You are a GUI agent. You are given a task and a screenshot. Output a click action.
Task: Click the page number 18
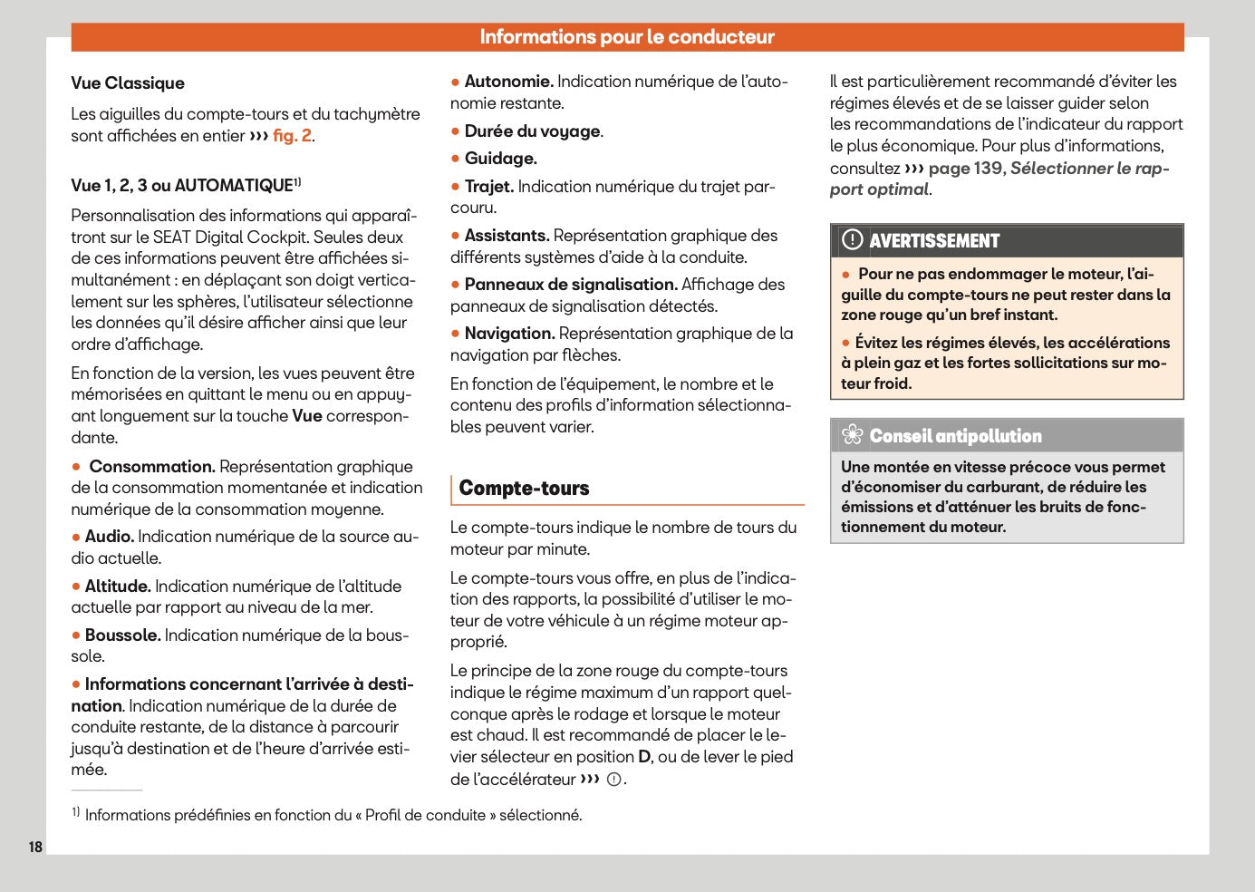(35, 847)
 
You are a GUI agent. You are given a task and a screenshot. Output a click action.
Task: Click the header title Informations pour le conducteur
(627, 37)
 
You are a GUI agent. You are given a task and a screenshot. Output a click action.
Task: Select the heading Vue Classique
(128, 83)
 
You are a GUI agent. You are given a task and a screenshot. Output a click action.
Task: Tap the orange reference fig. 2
(292, 136)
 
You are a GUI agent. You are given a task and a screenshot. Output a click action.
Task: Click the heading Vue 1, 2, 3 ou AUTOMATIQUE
(182, 186)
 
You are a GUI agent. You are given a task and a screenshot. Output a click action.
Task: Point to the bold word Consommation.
(151, 467)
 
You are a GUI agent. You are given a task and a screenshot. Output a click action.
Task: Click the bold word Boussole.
(122, 635)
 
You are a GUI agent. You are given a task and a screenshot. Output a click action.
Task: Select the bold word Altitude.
(117, 587)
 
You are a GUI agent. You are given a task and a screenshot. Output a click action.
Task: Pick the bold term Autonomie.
(508, 82)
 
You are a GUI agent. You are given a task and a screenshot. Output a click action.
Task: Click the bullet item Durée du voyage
(533, 131)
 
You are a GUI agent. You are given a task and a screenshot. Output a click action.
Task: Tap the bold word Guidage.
(500, 159)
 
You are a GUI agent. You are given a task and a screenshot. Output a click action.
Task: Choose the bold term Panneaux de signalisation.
(571, 285)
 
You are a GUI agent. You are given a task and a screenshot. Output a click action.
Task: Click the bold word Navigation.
(509, 334)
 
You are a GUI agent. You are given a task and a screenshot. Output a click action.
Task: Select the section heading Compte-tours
(524, 489)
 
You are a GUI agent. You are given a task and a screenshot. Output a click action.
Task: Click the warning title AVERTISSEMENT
(934, 241)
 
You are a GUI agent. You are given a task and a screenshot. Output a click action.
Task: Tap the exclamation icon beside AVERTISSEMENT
(852, 240)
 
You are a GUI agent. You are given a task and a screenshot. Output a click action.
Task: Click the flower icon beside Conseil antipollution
(852, 436)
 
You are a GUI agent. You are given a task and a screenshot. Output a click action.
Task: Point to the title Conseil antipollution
(955, 436)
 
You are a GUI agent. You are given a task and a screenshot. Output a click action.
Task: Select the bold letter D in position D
(644, 757)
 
